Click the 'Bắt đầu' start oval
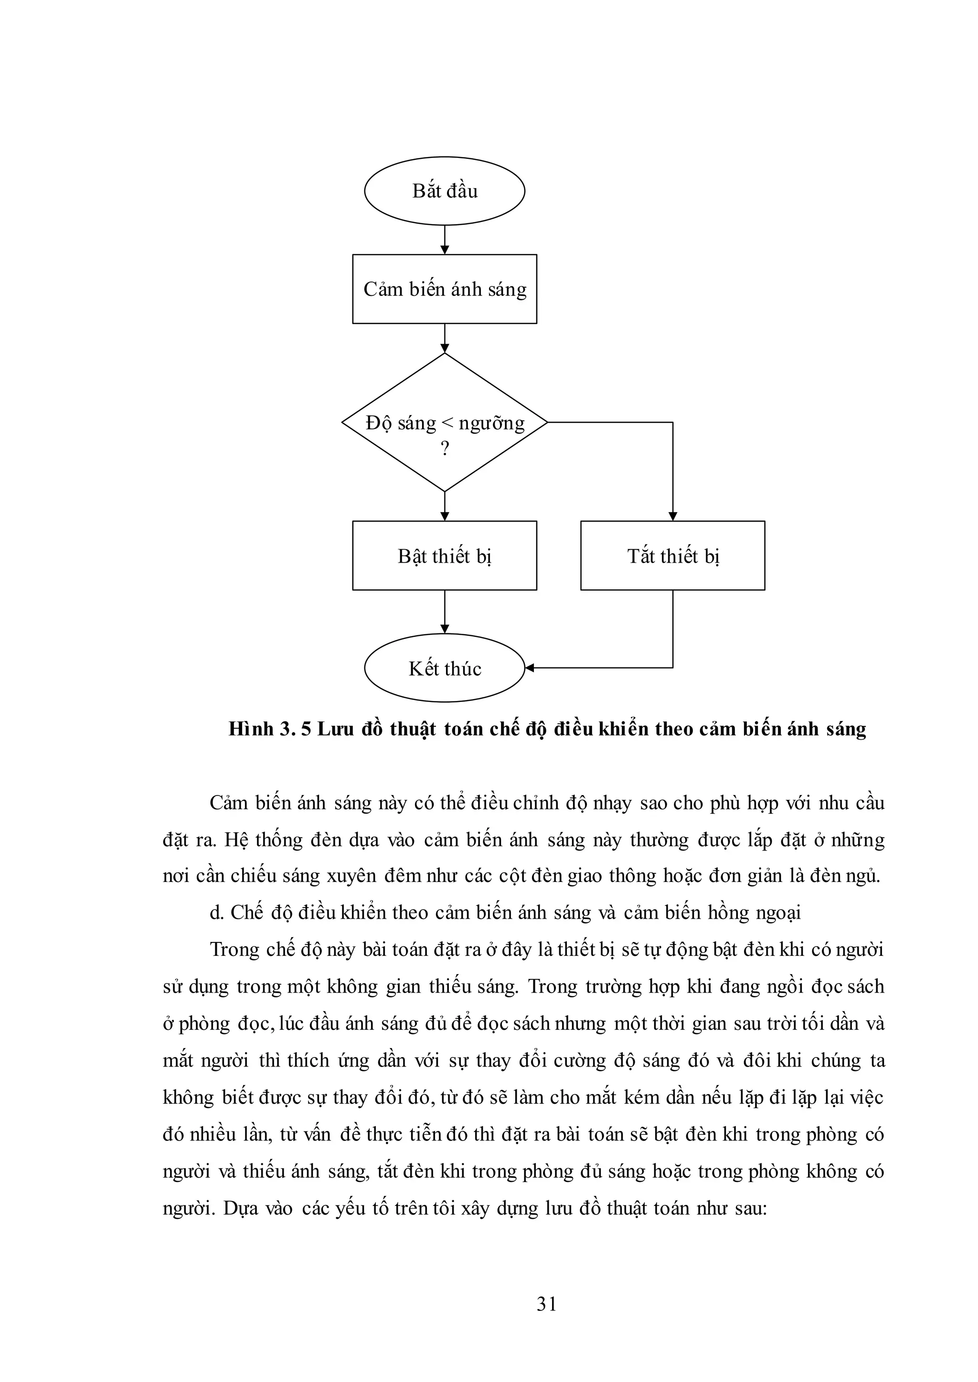pos(445,191)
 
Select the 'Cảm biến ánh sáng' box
pos(445,289)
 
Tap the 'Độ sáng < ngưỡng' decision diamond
pos(445,422)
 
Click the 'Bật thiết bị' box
pos(445,555)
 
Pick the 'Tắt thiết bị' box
pos(673,555)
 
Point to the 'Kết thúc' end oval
pos(445,668)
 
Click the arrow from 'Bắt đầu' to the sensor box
pos(445,240)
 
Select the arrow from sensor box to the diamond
pos(445,338)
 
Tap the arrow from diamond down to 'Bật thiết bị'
pos(445,506)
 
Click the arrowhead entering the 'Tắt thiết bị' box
pos(673,516)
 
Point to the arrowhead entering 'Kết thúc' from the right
pos(530,668)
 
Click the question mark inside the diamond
pos(445,449)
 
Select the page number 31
pos(546,1304)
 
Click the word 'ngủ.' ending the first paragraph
pos(865,876)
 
